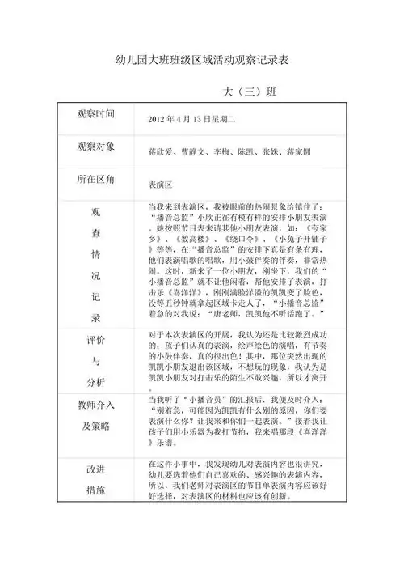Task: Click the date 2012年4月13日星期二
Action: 191,120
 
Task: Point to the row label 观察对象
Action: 95,146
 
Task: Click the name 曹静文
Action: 194,151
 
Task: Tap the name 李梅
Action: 222,151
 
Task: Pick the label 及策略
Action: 95,426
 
